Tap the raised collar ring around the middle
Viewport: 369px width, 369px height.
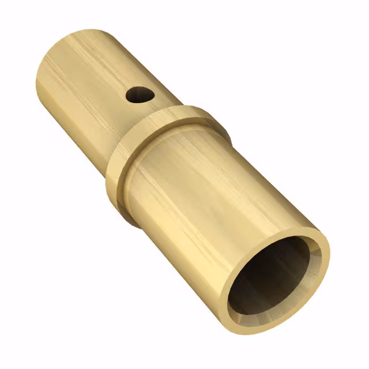click(167, 124)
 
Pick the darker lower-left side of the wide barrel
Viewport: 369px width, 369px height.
click(173, 242)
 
